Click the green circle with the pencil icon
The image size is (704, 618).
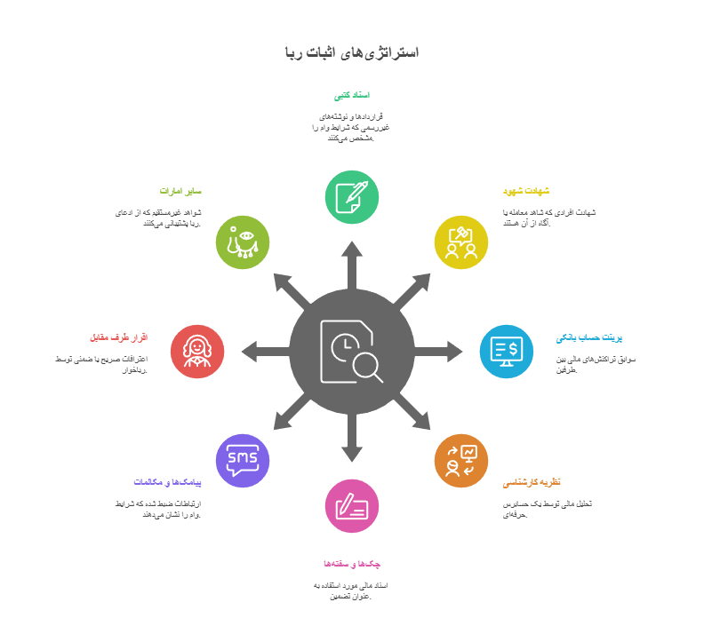pos(352,197)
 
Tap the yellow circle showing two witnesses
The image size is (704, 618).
pos(461,242)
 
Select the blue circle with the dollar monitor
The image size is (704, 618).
pos(507,351)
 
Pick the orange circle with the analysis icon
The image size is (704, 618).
pos(461,461)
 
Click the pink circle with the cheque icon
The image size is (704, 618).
pos(352,506)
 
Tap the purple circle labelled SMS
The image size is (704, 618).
pos(243,461)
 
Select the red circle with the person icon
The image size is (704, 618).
pos(197,351)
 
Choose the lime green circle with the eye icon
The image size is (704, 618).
pos(243,242)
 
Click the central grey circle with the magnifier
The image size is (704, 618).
pos(352,351)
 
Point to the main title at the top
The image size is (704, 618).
pos(352,52)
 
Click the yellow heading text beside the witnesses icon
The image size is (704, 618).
pos(526,191)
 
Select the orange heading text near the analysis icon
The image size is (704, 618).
pos(532,482)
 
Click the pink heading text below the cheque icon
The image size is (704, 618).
pos(352,564)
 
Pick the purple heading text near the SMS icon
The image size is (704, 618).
pos(168,482)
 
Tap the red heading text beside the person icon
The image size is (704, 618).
pos(118,337)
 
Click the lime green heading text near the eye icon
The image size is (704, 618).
pos(181,191)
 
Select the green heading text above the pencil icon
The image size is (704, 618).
pos(352,95)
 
